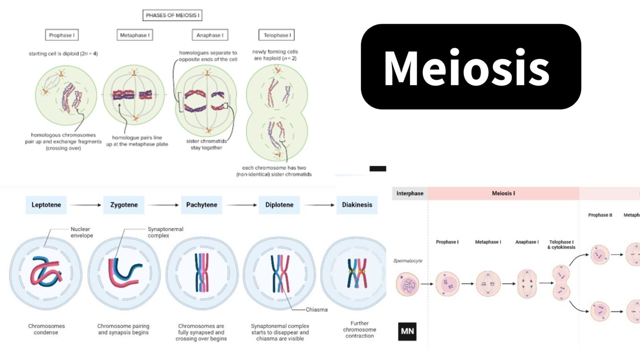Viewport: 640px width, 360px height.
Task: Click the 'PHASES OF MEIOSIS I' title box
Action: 172,15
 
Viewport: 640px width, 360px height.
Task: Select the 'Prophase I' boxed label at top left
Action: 62,35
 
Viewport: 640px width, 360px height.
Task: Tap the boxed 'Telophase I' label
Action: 277,35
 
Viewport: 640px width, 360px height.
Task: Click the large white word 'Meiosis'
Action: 467,68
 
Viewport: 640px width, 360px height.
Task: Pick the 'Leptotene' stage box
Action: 46,205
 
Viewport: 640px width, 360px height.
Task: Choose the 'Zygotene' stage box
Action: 124,205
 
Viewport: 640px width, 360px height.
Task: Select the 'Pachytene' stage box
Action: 202,205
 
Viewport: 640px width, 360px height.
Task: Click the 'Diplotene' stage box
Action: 279,205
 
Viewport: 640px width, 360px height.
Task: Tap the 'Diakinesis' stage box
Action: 357,205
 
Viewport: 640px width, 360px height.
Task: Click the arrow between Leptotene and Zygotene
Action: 85,205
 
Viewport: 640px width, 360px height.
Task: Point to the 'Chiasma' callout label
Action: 317,310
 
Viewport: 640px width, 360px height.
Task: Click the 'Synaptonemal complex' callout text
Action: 165,232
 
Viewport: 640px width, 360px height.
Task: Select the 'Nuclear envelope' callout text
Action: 81,232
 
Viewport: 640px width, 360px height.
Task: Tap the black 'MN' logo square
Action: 407,331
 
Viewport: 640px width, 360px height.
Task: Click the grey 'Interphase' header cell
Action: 410,193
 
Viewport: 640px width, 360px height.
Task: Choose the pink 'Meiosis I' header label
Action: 503,193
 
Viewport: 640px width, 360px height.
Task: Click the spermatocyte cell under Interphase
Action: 407,285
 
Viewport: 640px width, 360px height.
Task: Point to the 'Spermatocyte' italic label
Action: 407,261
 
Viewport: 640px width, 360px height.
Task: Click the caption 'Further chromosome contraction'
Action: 360,329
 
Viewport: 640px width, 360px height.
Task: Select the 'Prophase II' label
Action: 600,215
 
